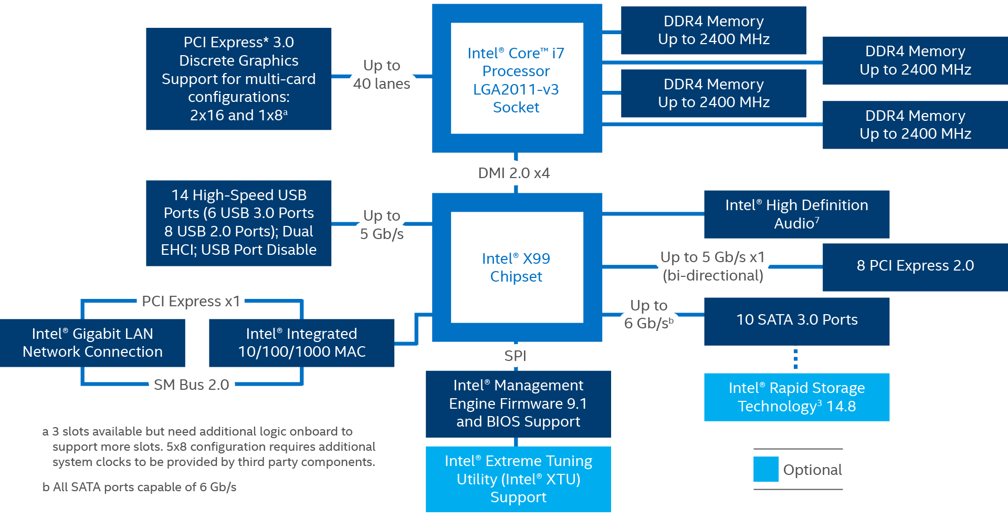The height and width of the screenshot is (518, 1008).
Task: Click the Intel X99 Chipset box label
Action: point(516,267)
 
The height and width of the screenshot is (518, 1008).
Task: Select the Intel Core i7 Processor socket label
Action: point(516,80)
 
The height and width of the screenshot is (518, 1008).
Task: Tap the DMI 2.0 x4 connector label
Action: point(514,173)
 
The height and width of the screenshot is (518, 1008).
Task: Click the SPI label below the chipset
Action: point(515,356)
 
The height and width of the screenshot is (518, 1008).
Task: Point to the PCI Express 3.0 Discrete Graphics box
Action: point(238,79)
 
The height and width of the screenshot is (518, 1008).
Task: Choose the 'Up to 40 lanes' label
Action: point(382,75)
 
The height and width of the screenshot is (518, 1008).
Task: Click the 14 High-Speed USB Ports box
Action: point(238,223)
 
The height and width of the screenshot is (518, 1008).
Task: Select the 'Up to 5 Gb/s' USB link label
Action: point(382,224)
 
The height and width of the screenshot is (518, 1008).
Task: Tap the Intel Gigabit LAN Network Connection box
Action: point(92,343)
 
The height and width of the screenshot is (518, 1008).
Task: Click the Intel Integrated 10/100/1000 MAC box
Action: point(301,343)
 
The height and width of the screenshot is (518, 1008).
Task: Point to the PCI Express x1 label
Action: point(191,301)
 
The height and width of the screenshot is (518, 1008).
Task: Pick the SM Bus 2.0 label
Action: point(191,385)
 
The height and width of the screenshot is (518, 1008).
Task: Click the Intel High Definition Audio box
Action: point(796,214)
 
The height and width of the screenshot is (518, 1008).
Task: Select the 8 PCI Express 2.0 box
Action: point(915,267)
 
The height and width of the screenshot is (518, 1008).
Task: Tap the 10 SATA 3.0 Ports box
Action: point(796,322)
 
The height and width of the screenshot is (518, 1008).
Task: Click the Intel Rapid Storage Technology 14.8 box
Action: point(796,397)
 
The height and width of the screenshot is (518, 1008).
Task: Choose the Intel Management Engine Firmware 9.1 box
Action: point(518,404)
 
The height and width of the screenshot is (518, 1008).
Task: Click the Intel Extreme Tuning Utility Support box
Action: point(518,479)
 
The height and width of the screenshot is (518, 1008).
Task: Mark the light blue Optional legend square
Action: point(766,469)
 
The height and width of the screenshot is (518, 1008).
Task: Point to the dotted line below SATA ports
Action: point(796,359)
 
